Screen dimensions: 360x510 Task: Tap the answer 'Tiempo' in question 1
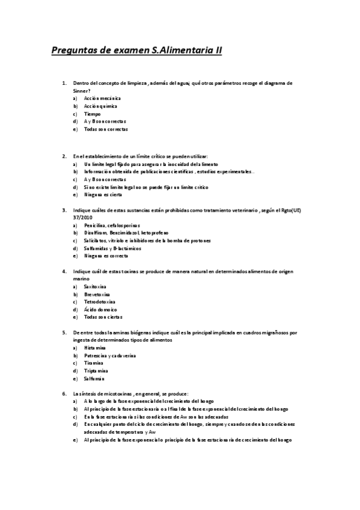[x=92, y=114]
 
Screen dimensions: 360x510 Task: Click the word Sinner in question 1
[x=81, y=90]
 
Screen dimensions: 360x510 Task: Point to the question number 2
[x=64, y=156]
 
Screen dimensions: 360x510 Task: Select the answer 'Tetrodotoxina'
[x=100, y=302]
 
